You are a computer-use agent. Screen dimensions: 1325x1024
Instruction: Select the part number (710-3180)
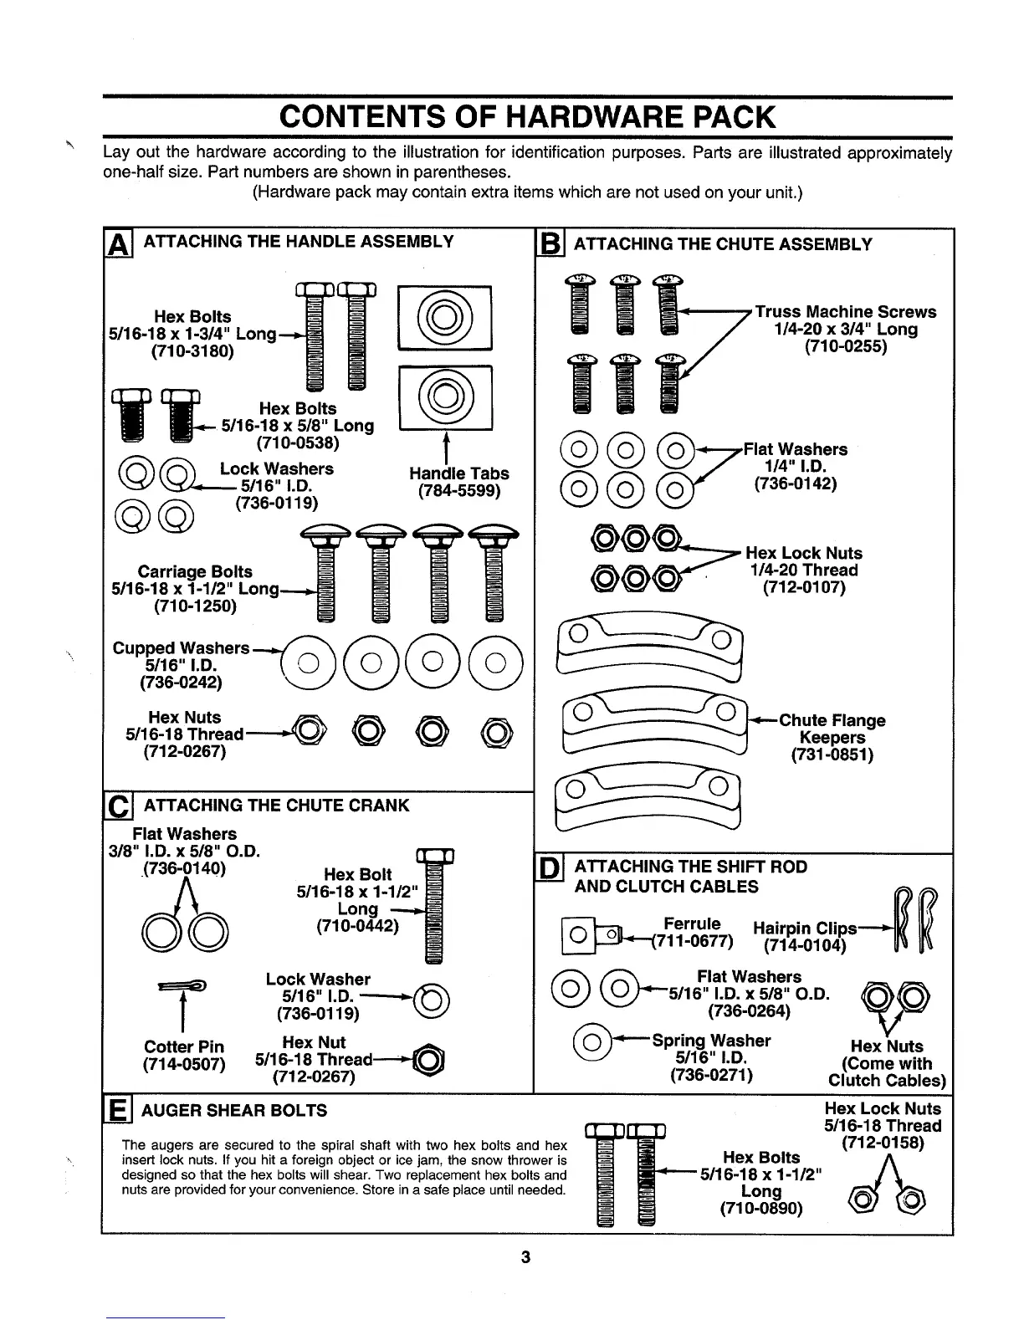point(192,351)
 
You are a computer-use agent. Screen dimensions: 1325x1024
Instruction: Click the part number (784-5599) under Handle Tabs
point(458,491)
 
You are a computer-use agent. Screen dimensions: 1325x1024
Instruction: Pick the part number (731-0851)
point(832,755)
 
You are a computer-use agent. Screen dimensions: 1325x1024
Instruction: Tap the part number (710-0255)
point(845,346)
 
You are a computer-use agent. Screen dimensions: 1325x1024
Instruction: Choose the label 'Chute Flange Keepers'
point(832,729)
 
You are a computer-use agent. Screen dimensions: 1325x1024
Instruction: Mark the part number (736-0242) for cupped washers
point(181,683)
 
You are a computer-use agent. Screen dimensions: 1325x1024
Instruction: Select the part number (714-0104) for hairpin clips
point(805,946)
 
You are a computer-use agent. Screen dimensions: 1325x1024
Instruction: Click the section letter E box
point(114,1111)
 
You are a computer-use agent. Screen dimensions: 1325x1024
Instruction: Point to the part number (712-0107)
point(804,587)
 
